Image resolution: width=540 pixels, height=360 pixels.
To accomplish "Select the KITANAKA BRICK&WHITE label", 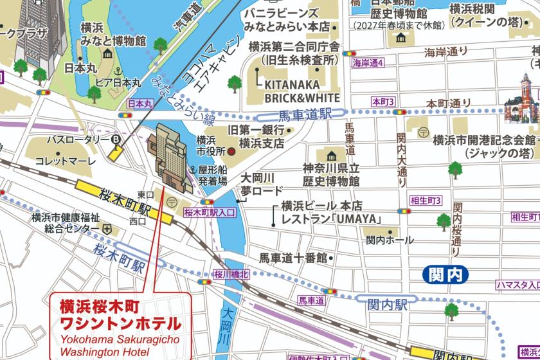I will tap(298, 91).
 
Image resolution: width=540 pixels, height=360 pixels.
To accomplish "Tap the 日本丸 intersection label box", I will tap(140, 103).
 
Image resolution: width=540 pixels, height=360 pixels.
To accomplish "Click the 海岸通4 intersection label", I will tap(368, 63).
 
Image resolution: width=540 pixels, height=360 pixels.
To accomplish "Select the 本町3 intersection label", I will tap(383, 102).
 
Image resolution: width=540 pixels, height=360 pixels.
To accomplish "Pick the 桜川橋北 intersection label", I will tap(231, 274).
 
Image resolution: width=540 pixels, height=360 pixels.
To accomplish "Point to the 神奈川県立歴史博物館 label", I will tap(333, 173).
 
